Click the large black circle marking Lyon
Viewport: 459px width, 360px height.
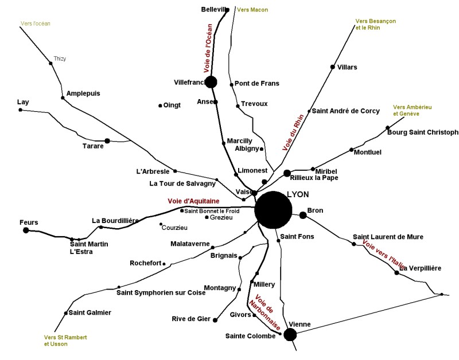[x=273, y=210]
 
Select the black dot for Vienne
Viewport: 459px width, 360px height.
[x=290, y=334]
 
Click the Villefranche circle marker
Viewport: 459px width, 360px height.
[x=211, y=82]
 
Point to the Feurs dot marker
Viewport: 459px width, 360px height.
[x=26, y=230]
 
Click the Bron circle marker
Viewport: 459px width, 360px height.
[x=303, y=215]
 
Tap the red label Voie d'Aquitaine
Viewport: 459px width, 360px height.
[x=193, y=201]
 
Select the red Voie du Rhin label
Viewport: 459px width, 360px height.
[x=293, y=132]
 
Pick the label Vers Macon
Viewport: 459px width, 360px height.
[x=252, y=10]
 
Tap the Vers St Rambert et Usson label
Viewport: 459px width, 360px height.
[x=65, y=340]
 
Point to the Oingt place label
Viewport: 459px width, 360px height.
[x=172, y=105]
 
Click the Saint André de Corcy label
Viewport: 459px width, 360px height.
[x=345, y=111]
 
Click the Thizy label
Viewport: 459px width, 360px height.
[x=60, y=58]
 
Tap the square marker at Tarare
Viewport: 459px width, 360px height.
[x=107, y=140]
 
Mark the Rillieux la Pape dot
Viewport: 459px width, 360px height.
[x=287, y=173]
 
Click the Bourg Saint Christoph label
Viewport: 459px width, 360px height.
[x=423, y=132]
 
